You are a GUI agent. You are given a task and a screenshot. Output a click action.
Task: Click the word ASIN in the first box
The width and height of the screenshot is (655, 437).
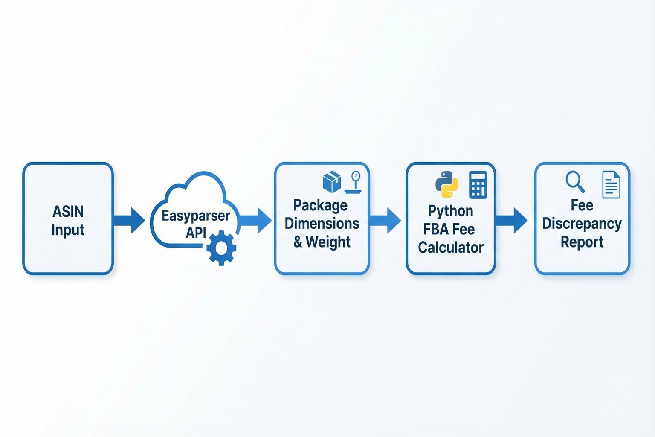pos(68,211)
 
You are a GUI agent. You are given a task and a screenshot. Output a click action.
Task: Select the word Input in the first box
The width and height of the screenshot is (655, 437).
pos(68,230)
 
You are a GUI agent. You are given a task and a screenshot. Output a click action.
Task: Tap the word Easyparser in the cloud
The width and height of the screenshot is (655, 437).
pos(196,216)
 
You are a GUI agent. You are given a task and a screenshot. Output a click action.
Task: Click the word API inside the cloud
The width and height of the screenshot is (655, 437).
pos(196,233)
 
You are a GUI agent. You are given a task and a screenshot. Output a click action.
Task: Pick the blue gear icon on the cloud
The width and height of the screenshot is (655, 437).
pos(221,248)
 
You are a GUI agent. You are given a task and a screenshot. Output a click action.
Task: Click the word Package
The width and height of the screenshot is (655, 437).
pos(320,206)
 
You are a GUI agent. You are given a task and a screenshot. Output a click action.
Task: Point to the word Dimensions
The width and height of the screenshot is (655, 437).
pos(322,224)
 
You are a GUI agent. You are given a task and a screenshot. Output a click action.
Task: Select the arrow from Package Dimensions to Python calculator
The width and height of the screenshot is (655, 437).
pos(385,220)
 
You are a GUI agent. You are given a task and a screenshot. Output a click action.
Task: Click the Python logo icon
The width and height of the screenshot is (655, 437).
pos(446,184)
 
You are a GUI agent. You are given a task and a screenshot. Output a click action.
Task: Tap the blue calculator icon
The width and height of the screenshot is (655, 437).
pos(478,185)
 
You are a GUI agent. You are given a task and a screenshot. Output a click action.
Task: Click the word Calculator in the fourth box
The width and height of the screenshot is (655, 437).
pos(451,248)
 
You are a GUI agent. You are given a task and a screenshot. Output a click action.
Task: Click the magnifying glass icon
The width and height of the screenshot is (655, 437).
pos(574,182)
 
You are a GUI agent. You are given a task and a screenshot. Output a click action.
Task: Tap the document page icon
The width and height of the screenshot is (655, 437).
pos(611,184)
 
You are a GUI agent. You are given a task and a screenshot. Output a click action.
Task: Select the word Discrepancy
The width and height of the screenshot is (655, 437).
pos(582,224)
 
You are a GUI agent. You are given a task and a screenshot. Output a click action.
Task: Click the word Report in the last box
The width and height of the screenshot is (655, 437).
pos(582,242)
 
